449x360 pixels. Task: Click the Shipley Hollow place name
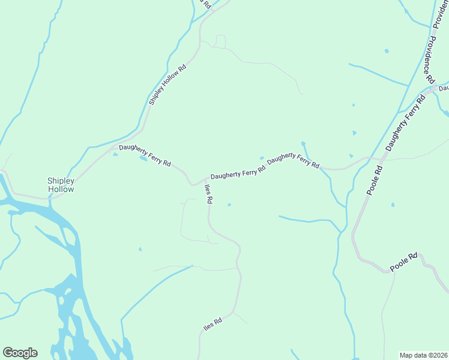(61, 185)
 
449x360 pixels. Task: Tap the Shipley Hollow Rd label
(167, 85)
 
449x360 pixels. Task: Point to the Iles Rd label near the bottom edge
(212, 326)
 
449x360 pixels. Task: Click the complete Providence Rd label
(430, 58)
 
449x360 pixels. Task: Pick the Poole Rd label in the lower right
(403, 263)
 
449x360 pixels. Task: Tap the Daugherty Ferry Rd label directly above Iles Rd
(238, 173)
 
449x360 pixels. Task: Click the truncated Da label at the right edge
(444, 88)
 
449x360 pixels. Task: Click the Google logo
(20, 353)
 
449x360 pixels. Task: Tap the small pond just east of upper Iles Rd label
(229, 205)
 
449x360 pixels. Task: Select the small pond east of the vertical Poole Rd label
(393, 205)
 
